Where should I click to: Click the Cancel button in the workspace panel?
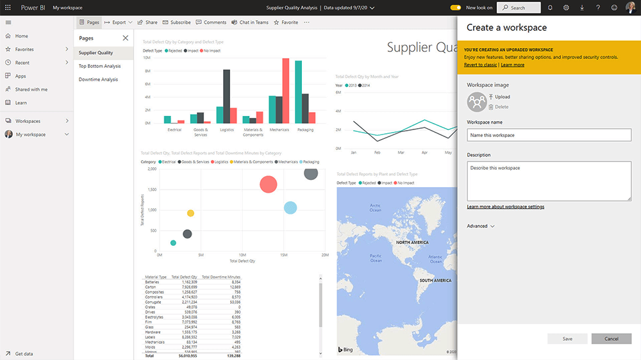[611, 339]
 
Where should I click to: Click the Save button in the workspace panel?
[567, 339]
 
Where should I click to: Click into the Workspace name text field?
[549, 135]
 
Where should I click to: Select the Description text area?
[549, 181]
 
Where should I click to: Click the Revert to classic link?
[480, 65]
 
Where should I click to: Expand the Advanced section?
[481, 226]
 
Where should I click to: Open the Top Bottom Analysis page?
[99, 66]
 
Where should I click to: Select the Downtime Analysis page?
[98, 79]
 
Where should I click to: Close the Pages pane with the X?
[125, 38]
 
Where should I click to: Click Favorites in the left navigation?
[24, 49]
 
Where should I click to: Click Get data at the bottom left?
[24, 354]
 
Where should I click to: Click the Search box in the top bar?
[519, 8]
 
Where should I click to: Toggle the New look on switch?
[456, 8]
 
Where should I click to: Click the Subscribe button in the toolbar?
[176, 22]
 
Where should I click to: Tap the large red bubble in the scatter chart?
[268, 184]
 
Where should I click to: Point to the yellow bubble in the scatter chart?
[190, 213]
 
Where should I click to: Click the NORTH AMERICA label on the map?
[412, 243]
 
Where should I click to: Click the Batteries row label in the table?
[152, 282]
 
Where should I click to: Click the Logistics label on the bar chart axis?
[227, 129]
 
